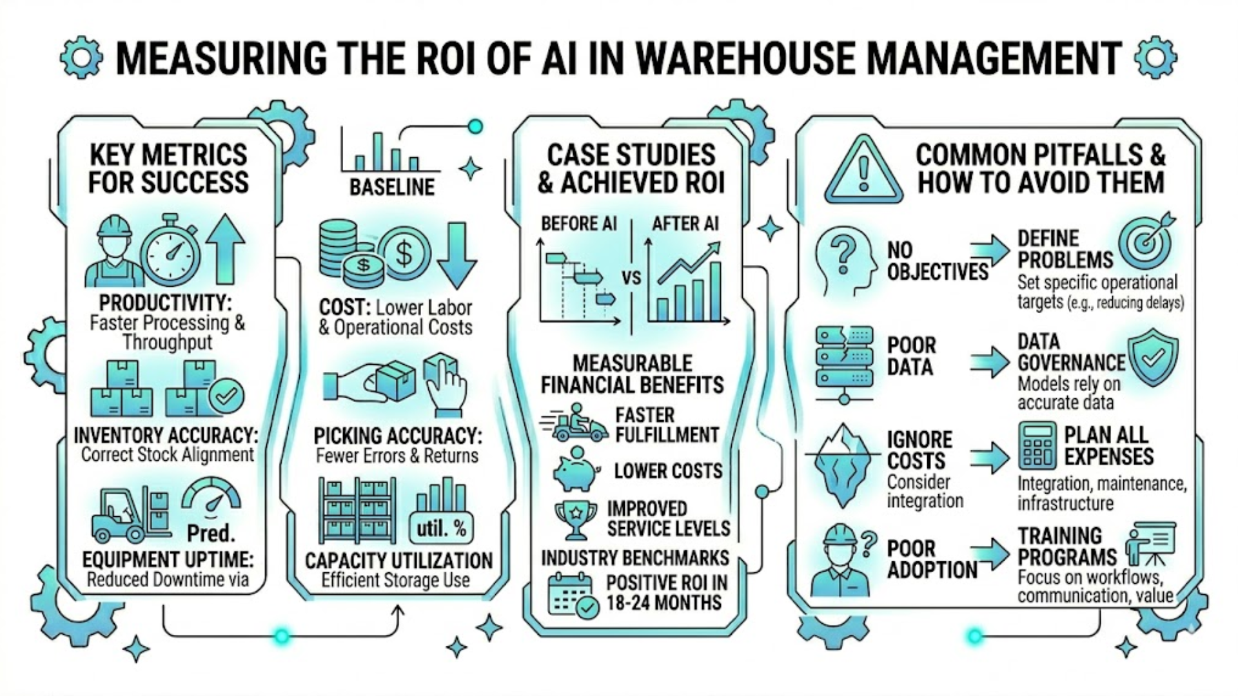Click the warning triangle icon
coord(863,170)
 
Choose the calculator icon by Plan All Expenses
coord(1037,445)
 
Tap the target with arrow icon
coord(1146,242)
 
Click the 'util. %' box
coord(441,528)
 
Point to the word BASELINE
coord(392,187)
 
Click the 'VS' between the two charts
coord(631,278)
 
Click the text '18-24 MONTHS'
coord(663,603)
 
